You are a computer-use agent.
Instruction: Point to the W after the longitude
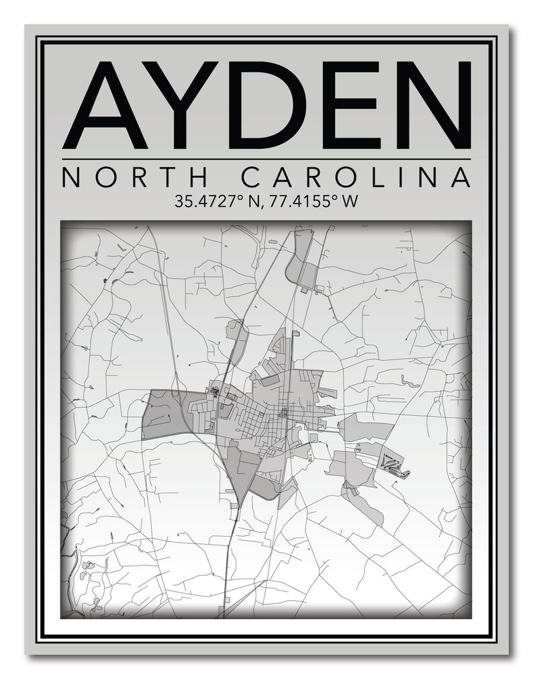[x=348, y=201]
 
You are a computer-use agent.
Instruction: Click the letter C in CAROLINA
[x=251, y=179]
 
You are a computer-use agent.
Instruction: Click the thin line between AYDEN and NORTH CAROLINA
[x=266, y=159]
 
